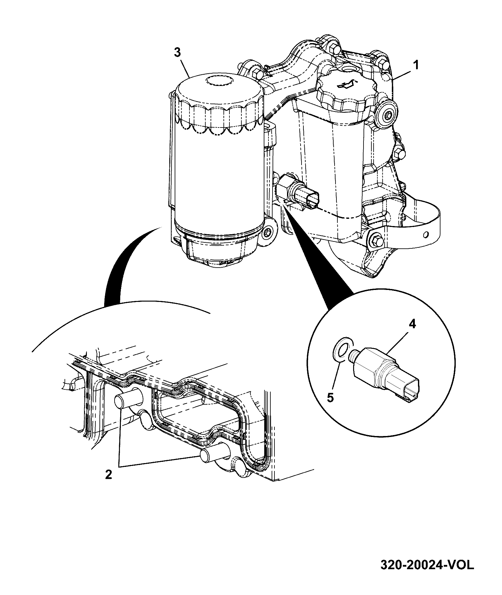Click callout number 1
click(416, 65)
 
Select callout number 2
click(109, 483)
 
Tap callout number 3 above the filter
click(178, 52)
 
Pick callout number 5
click(330, 397)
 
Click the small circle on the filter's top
click(219, 81)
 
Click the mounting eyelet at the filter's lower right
click(267, 232)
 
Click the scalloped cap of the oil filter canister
click(219, 104)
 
